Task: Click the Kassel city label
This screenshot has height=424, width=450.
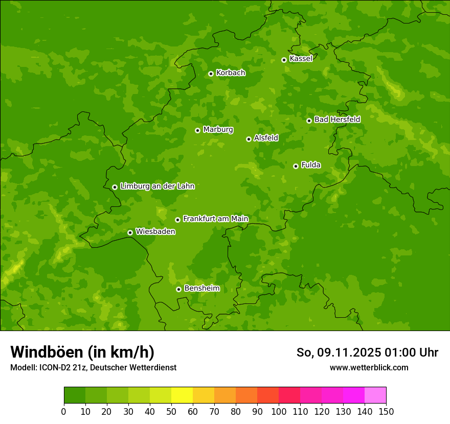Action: pos(301,59)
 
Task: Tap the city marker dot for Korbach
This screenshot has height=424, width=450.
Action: pos(211,74)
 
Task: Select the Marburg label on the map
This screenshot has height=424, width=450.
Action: pos(218,130)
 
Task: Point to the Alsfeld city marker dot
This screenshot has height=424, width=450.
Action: pos(249,139)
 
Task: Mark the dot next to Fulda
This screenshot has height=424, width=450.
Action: pos(296,166)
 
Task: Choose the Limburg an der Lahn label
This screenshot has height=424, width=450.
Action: pos(157,186)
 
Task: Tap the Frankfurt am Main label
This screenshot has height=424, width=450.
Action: pos(215,219)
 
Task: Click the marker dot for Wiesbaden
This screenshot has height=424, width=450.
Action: pos(130,232)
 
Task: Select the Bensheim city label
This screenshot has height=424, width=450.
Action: pos(201,288)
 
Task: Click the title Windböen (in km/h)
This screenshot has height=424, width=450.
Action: pos(82,352)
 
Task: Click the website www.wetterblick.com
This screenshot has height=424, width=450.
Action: pos(369,367)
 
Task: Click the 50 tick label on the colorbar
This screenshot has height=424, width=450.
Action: pos(171,411)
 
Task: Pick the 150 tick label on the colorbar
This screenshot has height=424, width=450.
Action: pos(386,411)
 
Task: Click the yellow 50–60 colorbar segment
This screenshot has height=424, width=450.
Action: pos(182,395)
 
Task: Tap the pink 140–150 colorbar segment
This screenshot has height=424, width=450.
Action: pos(375,395)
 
